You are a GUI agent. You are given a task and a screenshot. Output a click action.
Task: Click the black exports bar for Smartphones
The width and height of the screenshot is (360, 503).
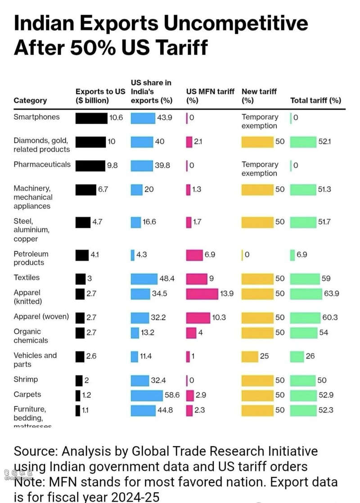coord(91,118)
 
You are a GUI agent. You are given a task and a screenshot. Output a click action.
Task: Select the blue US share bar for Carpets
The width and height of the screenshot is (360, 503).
coord(147,395)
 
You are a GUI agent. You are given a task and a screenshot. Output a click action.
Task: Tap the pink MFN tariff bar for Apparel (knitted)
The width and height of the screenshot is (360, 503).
coord(202,294)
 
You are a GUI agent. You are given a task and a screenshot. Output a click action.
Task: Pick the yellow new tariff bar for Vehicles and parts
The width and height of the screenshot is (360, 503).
coord(249,357)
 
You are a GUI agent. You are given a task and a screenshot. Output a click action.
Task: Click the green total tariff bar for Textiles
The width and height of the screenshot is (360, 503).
coord(305,279)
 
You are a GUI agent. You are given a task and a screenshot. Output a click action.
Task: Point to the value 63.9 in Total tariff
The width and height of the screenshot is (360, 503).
coord(331,294)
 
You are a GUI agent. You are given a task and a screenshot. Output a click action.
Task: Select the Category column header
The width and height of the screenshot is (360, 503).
coord(30,100)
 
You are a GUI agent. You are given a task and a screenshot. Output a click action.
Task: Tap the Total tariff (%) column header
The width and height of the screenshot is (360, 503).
coord(315,100)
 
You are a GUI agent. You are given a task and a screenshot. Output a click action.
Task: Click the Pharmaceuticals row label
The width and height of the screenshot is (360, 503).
coord(42,164)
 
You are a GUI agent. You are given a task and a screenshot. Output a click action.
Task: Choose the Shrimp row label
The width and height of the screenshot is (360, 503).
coord(26,379)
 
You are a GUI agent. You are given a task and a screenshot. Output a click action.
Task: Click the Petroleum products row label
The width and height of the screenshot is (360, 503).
coord(31,258)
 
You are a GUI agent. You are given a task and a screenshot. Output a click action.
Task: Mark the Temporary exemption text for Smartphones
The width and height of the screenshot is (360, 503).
coord(260,121)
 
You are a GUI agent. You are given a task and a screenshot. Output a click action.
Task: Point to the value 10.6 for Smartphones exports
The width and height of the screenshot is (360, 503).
coord(116,118)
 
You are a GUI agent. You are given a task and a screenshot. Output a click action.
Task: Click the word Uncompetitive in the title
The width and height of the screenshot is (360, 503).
coord(236,23)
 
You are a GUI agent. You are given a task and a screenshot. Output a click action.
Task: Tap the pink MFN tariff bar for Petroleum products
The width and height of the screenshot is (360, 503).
coord(194,255)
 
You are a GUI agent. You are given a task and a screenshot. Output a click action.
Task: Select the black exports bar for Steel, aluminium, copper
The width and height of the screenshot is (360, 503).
coord(83,222)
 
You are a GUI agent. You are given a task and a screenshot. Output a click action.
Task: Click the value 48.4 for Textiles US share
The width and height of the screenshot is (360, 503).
coord(167,279)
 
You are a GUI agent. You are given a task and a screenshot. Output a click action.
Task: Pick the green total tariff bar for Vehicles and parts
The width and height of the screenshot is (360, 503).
coord(297,357)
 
